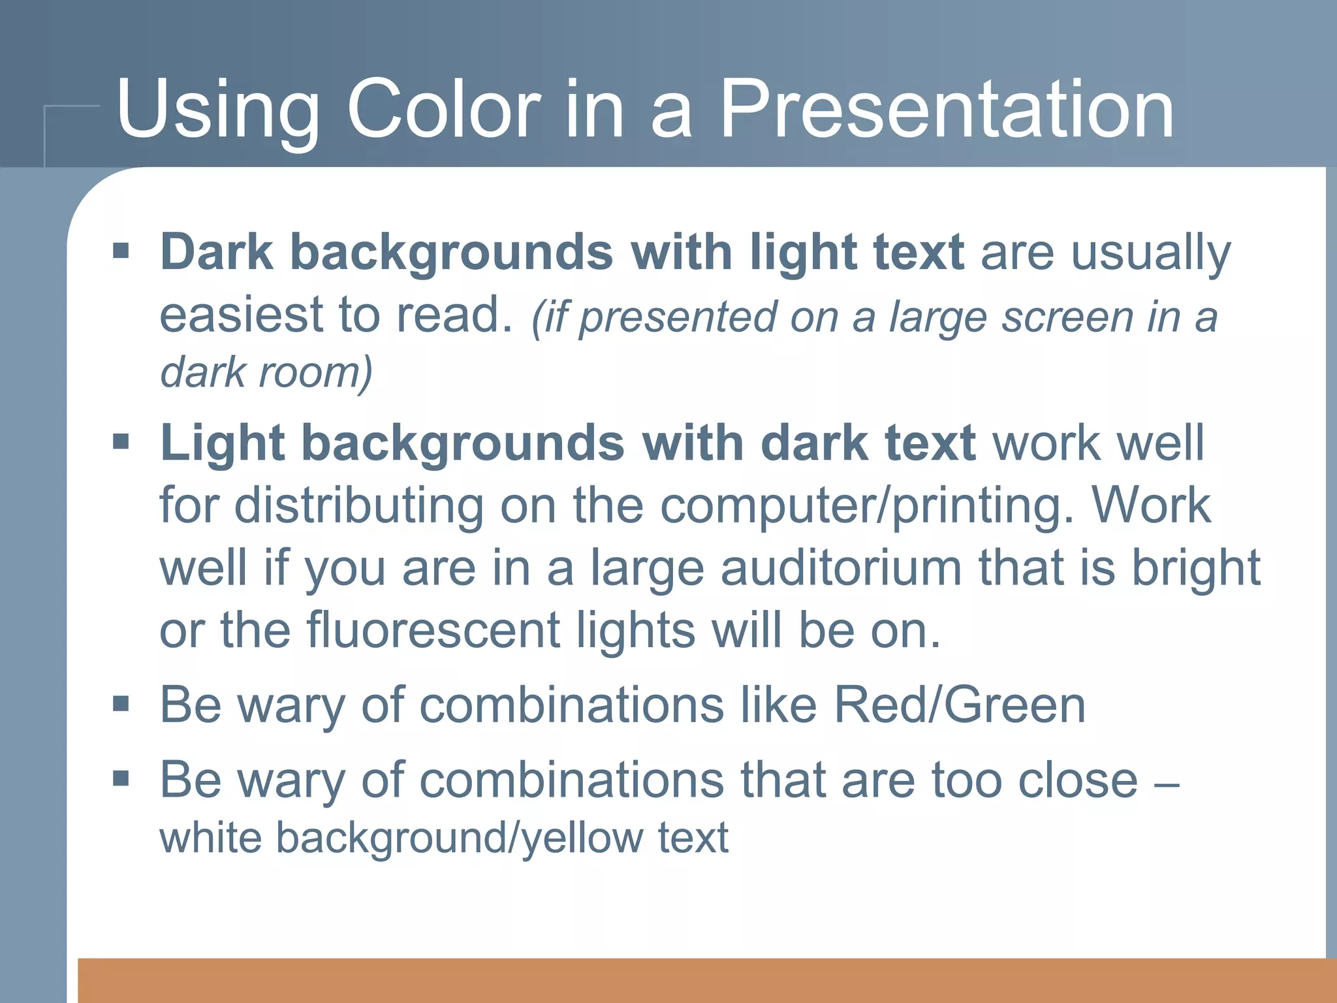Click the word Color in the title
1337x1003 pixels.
point(444,110)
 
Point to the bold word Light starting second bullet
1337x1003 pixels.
point(223,443)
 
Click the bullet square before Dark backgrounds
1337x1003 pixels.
point(121,251)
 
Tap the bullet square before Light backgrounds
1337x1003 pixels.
point(121,442)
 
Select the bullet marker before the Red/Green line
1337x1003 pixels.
point(121,704)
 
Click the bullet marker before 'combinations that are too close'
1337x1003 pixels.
point(121,778)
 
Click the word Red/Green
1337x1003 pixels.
point(960,705)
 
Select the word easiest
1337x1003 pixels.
point(242,315)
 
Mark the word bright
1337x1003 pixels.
point(1195,567)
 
